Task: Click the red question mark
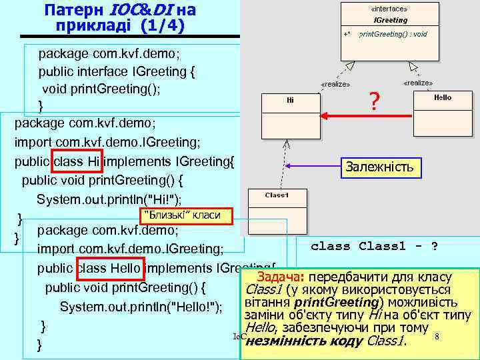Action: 375,102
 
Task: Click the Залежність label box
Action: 379,167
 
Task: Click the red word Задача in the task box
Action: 278,277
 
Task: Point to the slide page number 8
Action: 436,337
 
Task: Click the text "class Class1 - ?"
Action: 374,246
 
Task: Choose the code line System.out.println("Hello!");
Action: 141,307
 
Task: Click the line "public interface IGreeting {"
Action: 117,71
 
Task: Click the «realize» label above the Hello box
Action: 418,83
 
